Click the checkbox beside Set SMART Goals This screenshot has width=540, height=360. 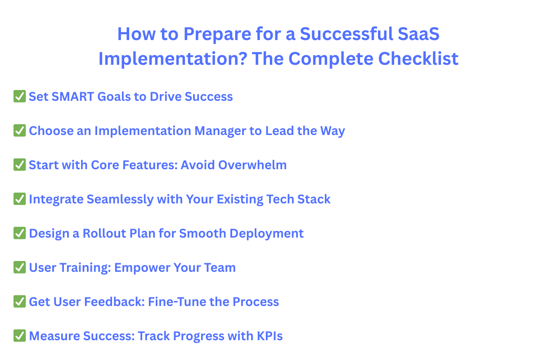coord(19,96)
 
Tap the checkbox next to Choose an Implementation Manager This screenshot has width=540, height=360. coord(19,130)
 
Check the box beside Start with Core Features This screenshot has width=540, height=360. coord(19,165)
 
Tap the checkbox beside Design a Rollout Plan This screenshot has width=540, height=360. coord(19,233)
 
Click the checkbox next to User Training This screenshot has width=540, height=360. coord(19,267)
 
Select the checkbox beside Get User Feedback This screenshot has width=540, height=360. coord(19,301)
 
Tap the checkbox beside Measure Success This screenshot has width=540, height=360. coord(19,336)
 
